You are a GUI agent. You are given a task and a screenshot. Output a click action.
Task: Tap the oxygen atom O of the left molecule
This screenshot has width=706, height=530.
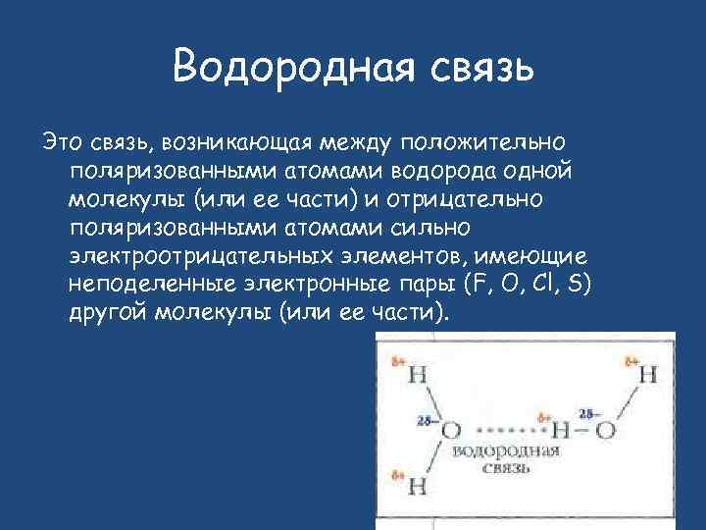452,430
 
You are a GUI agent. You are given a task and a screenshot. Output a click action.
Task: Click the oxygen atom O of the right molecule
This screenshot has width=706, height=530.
607,430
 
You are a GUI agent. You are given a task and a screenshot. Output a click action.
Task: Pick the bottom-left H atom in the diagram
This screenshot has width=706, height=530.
417,486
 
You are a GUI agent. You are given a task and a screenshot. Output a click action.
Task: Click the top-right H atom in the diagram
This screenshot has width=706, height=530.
648,376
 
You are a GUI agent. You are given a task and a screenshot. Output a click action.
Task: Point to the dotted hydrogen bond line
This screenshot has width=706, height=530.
508,431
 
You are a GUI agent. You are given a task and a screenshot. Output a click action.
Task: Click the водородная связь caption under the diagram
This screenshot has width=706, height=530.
506,459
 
